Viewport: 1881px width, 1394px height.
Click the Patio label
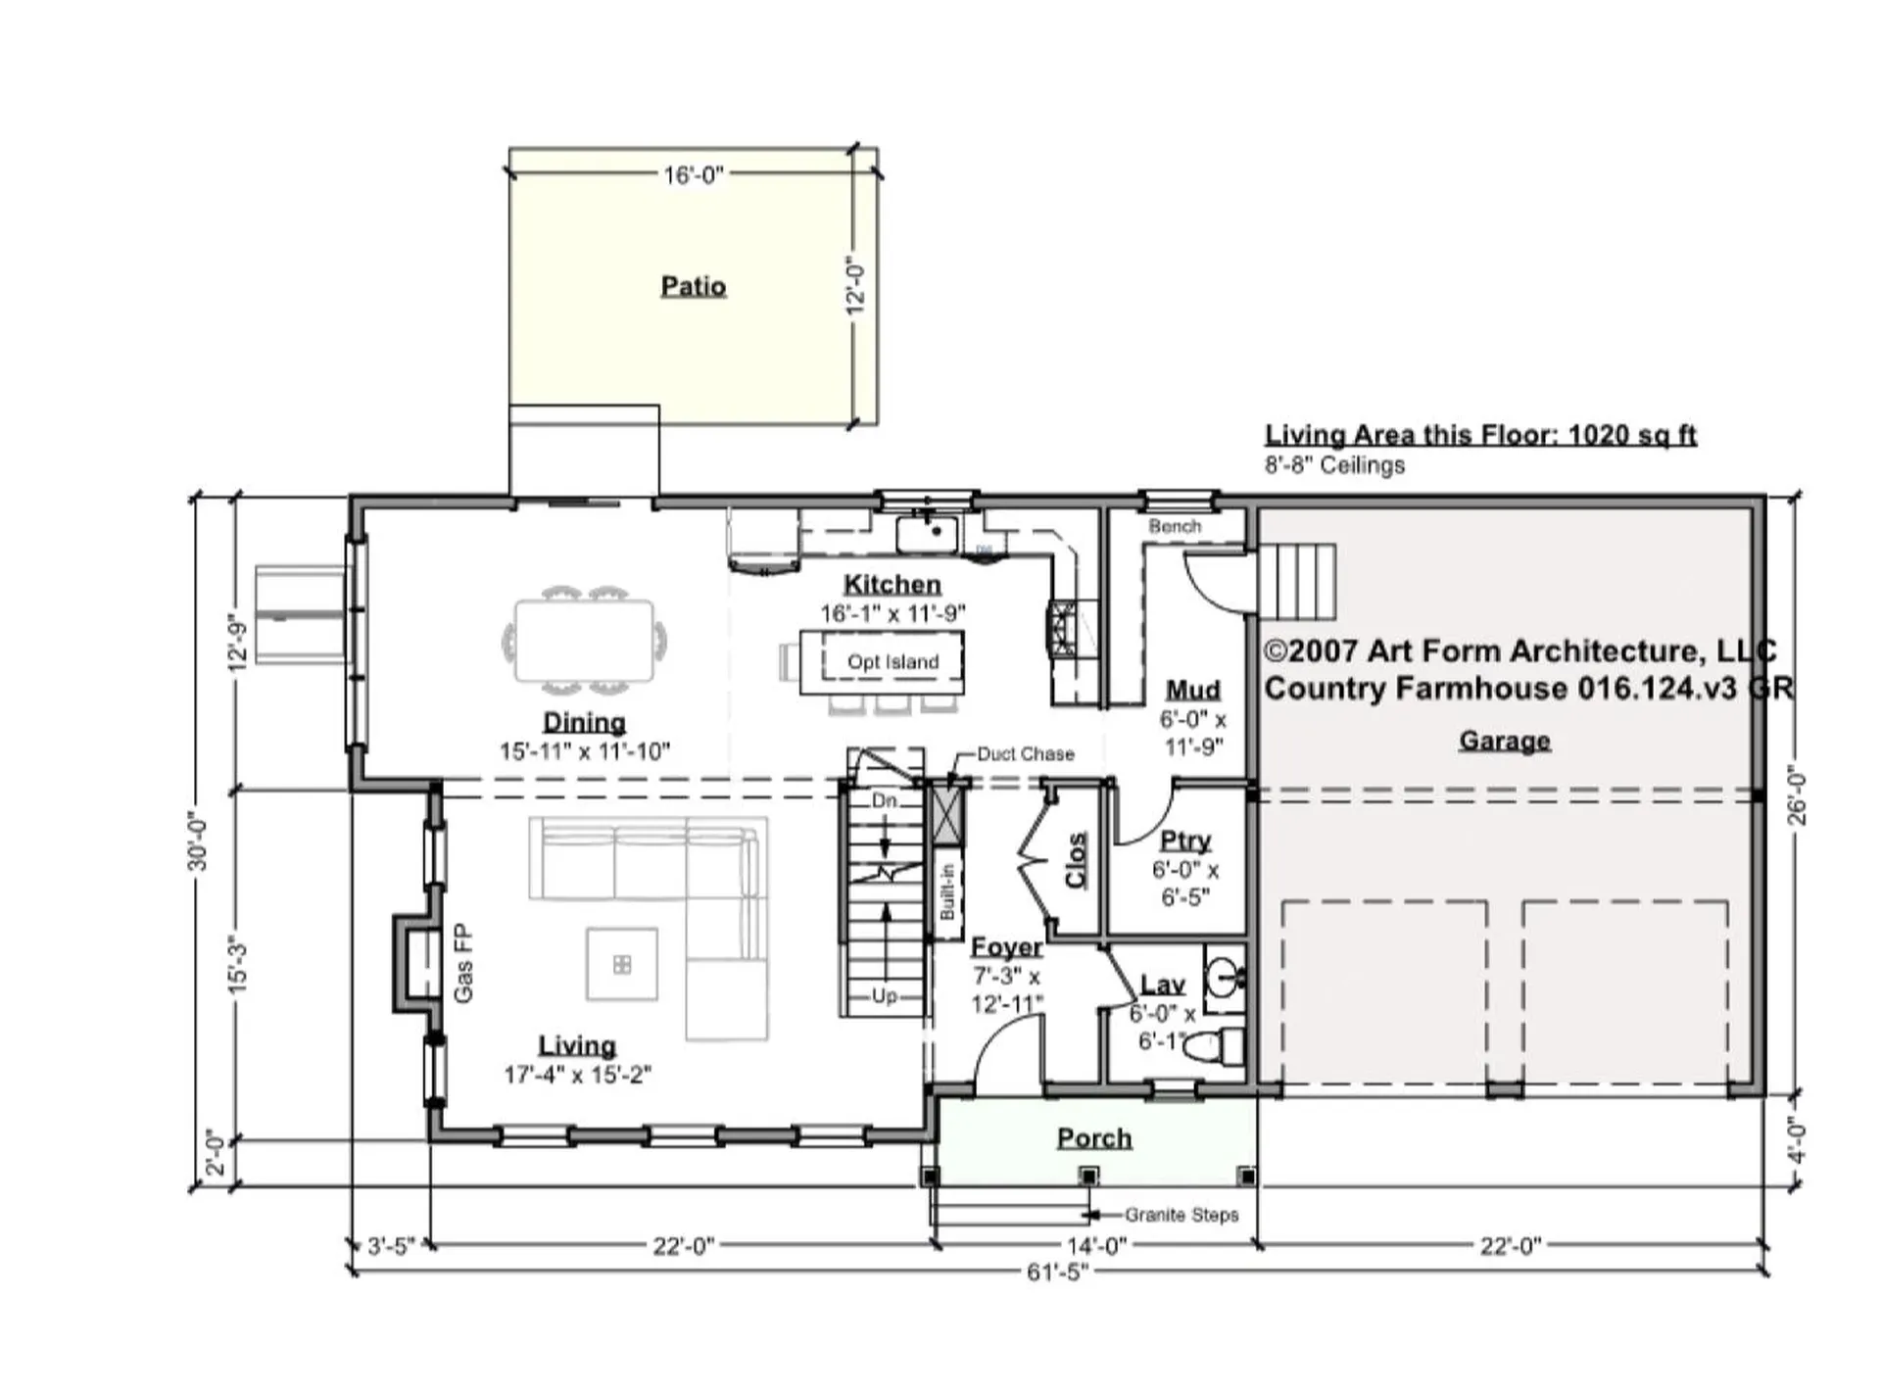click(693, 286)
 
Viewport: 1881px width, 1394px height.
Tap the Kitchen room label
click(892, 584)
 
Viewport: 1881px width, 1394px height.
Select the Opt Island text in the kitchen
click(892, 661)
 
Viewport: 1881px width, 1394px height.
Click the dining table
click(584, 641)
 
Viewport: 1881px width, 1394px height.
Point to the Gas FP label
click(463, 963)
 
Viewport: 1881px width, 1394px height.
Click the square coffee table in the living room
click(621, 965)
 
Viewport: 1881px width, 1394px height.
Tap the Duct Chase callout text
click(1025, 753)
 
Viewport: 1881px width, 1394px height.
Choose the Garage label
click(1505, 740)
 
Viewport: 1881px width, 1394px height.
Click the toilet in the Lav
click(1215, 1046)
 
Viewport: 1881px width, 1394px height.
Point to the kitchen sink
click(927, 535)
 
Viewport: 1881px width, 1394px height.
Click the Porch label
click(1094, 1137)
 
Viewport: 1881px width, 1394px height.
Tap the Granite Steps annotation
click(1182, 1215)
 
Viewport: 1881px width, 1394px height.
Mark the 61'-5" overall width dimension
click(1057, 1272)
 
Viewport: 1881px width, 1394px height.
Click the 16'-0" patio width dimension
click(693, 174)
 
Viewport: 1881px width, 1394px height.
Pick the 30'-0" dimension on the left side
click(199, 841)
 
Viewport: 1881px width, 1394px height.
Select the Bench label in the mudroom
click(1175, 526)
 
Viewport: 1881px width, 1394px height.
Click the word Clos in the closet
click(1076, 860)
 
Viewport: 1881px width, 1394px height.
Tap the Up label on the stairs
click(884, 995)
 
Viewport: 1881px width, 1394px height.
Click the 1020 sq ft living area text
click(1632, 434)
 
